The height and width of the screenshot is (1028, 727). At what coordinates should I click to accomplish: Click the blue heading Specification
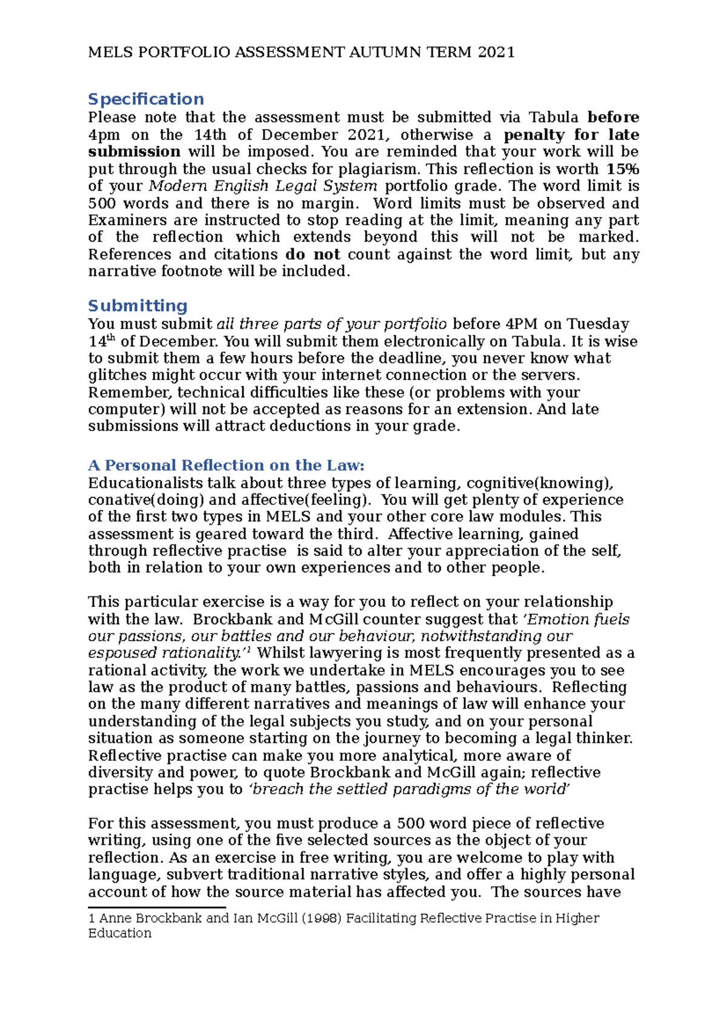click(145, 99)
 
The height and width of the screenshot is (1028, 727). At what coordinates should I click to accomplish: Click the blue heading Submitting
click(138, 305)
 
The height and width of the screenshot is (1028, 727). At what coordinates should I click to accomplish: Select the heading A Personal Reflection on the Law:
click(226, 465)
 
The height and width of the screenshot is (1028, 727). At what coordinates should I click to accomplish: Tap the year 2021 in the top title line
click(496, 52)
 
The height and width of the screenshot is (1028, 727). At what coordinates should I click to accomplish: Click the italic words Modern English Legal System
click(263, 186)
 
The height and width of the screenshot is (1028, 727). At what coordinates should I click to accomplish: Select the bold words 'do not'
click(312, 254)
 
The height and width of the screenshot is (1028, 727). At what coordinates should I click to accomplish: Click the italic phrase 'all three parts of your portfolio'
click(331, 324)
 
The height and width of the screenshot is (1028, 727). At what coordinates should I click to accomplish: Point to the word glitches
click(117, 375)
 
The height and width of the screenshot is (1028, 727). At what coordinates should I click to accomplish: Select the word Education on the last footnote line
click(119, 934)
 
